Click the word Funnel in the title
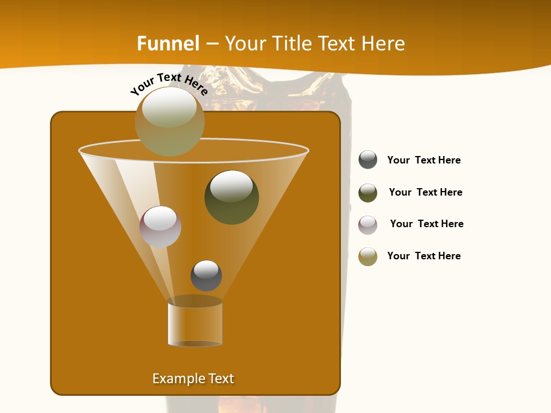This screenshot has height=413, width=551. pyautogui.click(x=168, y=44)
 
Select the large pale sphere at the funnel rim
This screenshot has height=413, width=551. pyautogui.click(x=169, y=121)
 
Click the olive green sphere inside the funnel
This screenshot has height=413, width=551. pyautogui.click(x=231, y=197)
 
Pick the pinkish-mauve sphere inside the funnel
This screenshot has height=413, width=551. pyautogui.click(x=160, y=227)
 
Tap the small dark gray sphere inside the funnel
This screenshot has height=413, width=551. pyautogui.click(x=206, y=276)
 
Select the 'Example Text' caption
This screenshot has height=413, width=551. pyautogui.click(x=193, y=379)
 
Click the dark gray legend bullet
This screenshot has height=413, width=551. pyautogui.click(x=368, y=160)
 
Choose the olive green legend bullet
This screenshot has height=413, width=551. pyautogui.click(x=368, y=193)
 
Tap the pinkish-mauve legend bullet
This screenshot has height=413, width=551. pyautogui.click(x=368, y=225)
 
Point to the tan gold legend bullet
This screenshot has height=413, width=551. pyautogui.click(x=368, y=256)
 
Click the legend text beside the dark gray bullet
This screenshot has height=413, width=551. pyautogui.click(x=424, y=160)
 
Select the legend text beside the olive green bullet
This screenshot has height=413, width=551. pyautogui.click(x=425, y=192)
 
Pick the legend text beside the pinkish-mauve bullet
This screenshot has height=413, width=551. pyautogui.click(x=426, y=224)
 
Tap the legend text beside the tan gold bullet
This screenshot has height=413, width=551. pyautogui.click(x=424, y=256)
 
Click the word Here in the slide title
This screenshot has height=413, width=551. pyautogui.click(x=385, y=44)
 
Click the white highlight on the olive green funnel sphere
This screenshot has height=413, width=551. pyautogui.click(x=231, y=185)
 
